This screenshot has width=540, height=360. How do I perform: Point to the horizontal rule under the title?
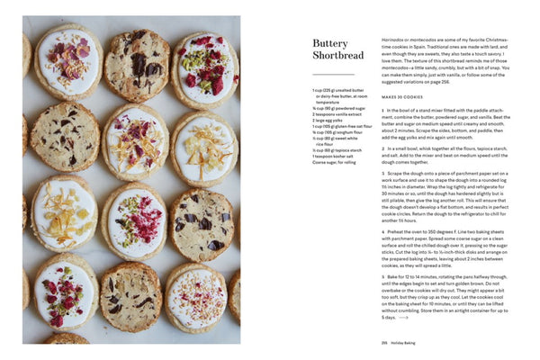(x=333, y=75)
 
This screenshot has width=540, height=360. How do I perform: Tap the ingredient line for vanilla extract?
(x=338, y=114)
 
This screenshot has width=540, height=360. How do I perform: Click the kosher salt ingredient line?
(x=337, y=157)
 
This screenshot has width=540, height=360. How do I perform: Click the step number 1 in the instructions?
(x=382, y=110)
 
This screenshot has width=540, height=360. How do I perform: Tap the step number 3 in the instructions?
(x=382, y=173)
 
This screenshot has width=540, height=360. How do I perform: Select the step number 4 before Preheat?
(x=382, y=231)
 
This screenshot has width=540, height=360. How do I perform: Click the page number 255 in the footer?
(x=384, y=342)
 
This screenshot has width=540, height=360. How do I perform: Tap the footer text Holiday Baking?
(x=405, y=342)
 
